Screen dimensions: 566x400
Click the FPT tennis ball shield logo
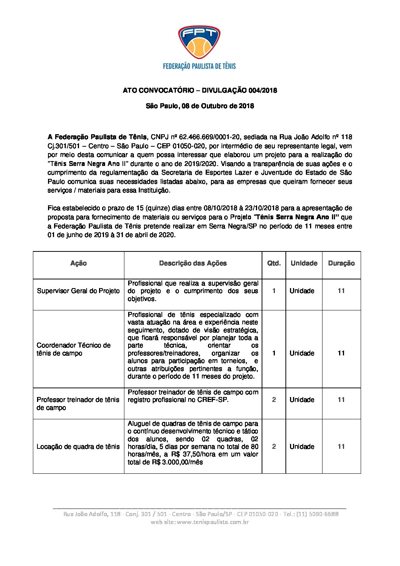(199, 42)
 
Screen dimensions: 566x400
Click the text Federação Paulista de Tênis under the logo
(199, 66)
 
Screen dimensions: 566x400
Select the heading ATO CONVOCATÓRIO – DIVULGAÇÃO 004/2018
(200, 90)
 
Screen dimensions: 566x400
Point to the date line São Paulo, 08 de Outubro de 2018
(200, 106)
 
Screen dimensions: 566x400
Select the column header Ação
(78, 263)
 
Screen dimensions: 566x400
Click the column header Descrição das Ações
(193, 263)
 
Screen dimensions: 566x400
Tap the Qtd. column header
(274, 263)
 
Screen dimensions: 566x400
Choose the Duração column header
(341, 263)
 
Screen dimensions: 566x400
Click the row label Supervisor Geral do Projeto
(78, 291)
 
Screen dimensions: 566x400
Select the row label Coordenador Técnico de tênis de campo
(74, 349)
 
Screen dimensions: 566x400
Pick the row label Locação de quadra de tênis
(78, 447)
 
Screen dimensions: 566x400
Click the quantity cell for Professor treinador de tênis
(274, 400)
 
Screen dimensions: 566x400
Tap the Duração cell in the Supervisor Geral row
(341, 291)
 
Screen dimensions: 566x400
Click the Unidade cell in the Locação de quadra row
(302, 447)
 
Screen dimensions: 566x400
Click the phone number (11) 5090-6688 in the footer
(318, 514)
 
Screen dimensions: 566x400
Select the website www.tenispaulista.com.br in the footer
(212, 522)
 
